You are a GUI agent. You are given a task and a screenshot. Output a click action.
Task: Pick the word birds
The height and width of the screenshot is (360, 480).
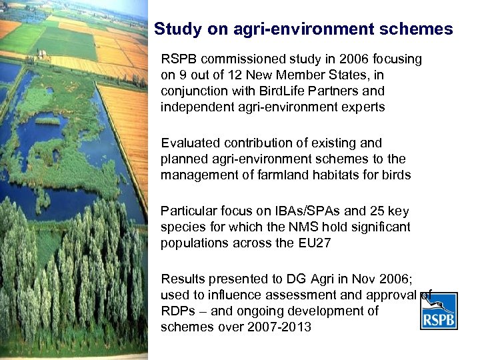[395, 175]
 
